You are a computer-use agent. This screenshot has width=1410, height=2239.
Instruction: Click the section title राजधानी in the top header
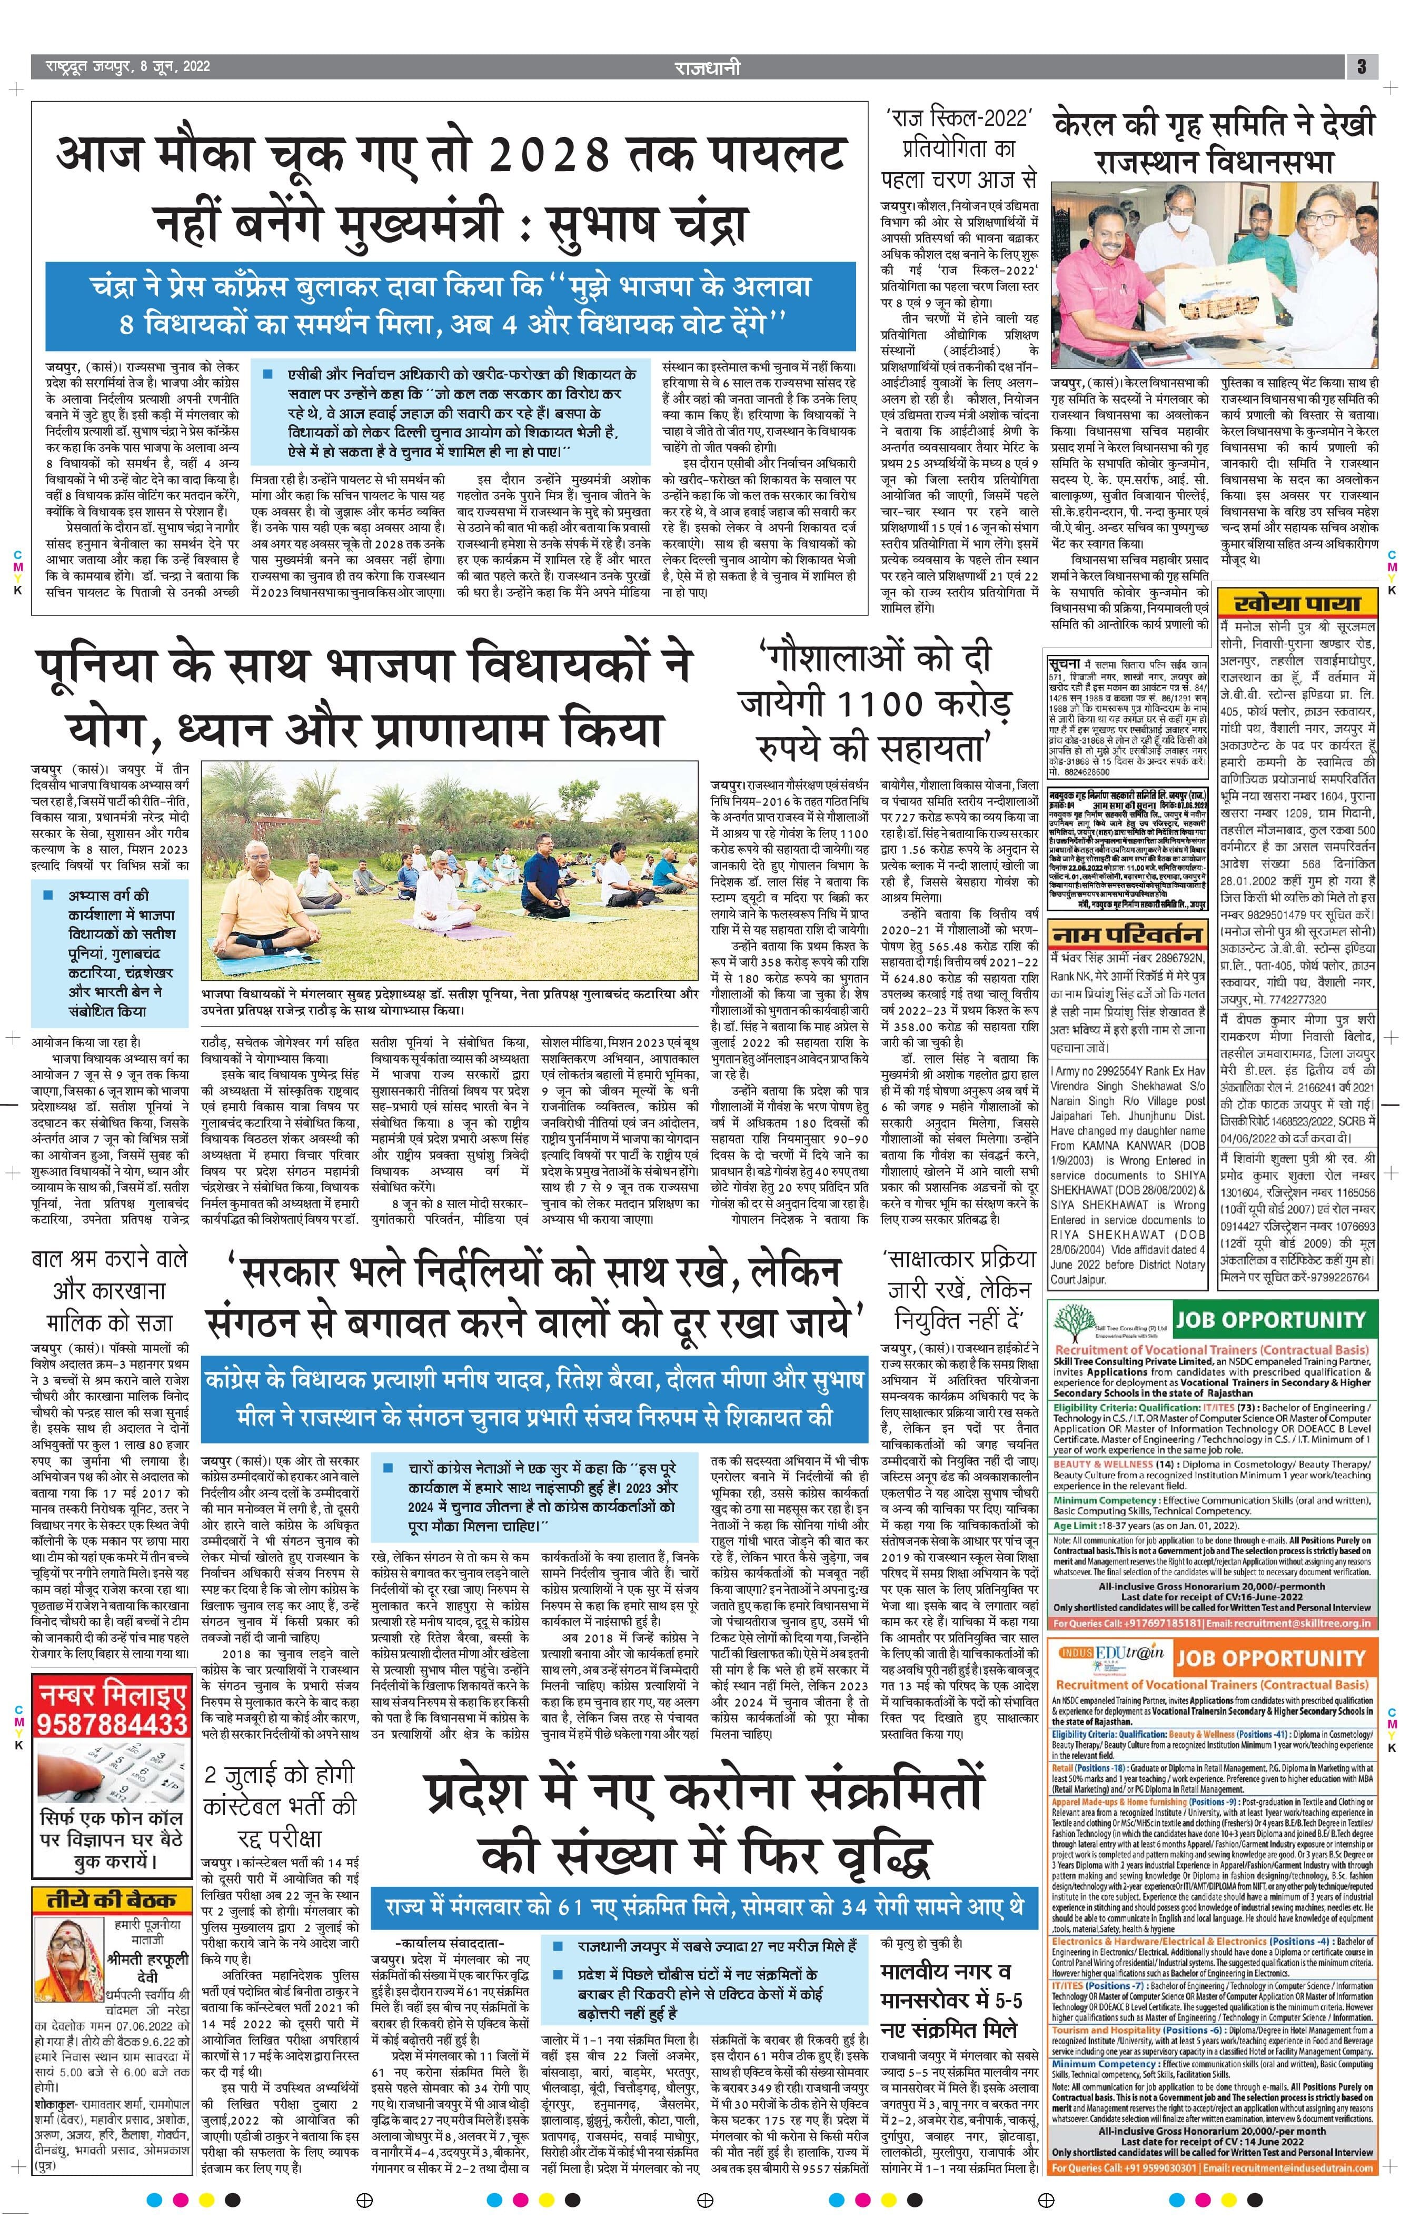pyautogui.click(x=708, y=67)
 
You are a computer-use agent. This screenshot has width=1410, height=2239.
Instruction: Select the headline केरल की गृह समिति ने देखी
pyautogui.click(x=1213, y=125)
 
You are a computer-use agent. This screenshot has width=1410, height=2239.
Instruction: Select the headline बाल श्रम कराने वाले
pyautogui.click(x=109, y=1260)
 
